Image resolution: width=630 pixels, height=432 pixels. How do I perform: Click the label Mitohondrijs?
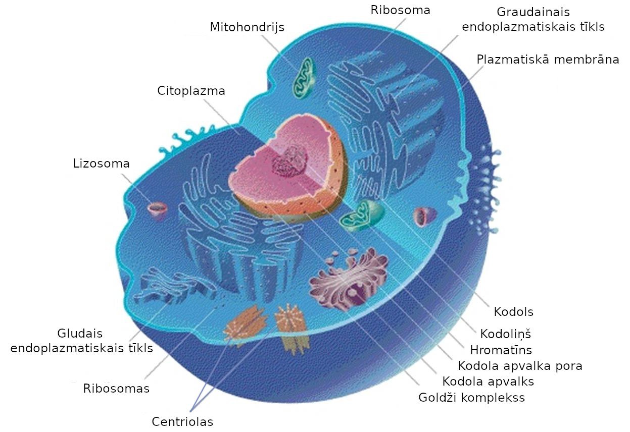(x=247, y=28)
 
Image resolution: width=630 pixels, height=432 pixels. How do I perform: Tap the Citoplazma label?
(x=191, y=91)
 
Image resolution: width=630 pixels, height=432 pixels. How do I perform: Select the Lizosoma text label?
(x=101, y=164)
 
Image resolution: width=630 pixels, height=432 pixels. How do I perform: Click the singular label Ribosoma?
(x=400, y=11)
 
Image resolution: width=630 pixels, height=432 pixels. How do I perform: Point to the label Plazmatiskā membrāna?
(x=548, y=60)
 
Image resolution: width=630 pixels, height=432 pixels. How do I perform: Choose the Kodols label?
(x=514, y=312)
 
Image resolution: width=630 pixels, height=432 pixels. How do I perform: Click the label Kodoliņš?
(x=505, y=334)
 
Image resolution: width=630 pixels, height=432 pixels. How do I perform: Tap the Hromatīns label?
(x=501, y=350)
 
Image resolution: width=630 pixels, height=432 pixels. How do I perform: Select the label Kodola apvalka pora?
(x=520, y=366)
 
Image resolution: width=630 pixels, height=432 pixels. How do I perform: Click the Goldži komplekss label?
(x=472, y=398)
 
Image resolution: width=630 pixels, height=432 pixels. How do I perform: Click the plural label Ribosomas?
(x=116, y=389)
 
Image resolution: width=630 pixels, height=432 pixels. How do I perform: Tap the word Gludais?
(x=80, y=334)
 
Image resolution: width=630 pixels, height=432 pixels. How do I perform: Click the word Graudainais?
(x=533, y=12)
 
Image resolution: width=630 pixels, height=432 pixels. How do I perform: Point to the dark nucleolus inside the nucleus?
(x=289, y=161)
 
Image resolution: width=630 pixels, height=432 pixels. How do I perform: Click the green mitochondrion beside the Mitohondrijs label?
(x=304, y=78)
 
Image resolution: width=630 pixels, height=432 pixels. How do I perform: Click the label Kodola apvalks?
(x=488, y=382)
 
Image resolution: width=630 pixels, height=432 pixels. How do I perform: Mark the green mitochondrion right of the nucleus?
(x=361, y=215)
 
